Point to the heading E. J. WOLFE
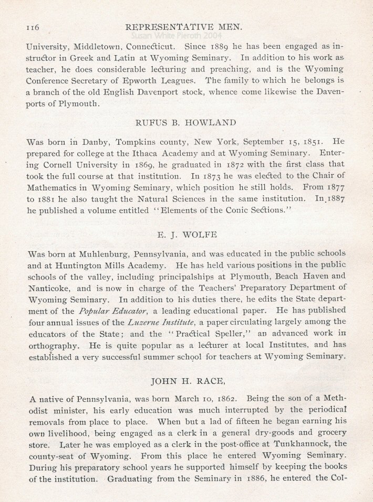tap(186, 232)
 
